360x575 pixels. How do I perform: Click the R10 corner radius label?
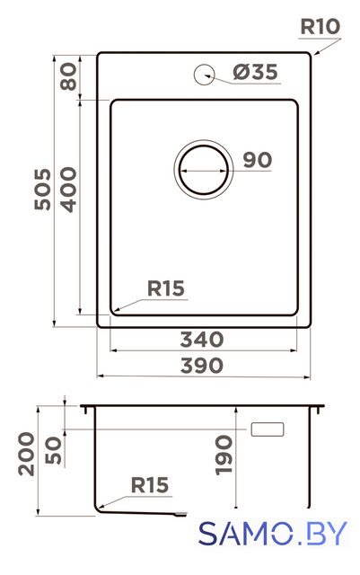[x=320, y=26]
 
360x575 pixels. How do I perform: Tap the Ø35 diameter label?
[x=255, y=72]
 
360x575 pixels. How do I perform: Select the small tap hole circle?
[x=204, y=75]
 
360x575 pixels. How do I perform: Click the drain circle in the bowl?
[x=204, y=170]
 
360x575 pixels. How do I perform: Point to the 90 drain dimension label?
[x=258, y=160]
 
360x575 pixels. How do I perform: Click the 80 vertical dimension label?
[x=69, y=76]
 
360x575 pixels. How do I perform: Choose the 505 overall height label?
[x=43, y=190]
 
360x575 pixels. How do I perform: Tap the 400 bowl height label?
[x=69, y=190]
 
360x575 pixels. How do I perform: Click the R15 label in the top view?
[x=166, y=288]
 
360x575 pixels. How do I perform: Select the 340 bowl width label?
[x=202, y=340]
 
